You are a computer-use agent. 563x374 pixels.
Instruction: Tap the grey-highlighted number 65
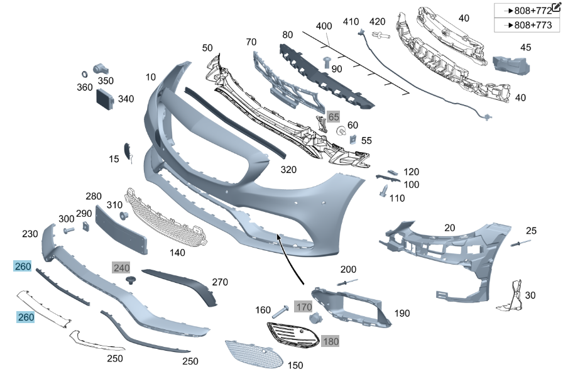coord(334,117)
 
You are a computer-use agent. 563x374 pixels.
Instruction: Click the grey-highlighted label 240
coord(121,267)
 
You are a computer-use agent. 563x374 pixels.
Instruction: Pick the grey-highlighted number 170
coord(304,307)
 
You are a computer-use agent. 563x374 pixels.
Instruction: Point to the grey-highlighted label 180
coord(330,341)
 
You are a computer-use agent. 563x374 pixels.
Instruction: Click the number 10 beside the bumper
coord(151,77)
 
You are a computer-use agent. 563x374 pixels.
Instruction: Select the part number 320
coord(288,170)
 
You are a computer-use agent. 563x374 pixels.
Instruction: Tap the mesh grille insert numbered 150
coord(254,355)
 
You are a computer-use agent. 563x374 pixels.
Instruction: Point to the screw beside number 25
coord(517,243)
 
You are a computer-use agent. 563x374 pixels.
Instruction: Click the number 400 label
coord(324,26)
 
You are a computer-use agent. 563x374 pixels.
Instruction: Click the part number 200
coord(348,269)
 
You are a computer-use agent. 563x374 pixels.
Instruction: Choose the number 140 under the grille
coord(178,253)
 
